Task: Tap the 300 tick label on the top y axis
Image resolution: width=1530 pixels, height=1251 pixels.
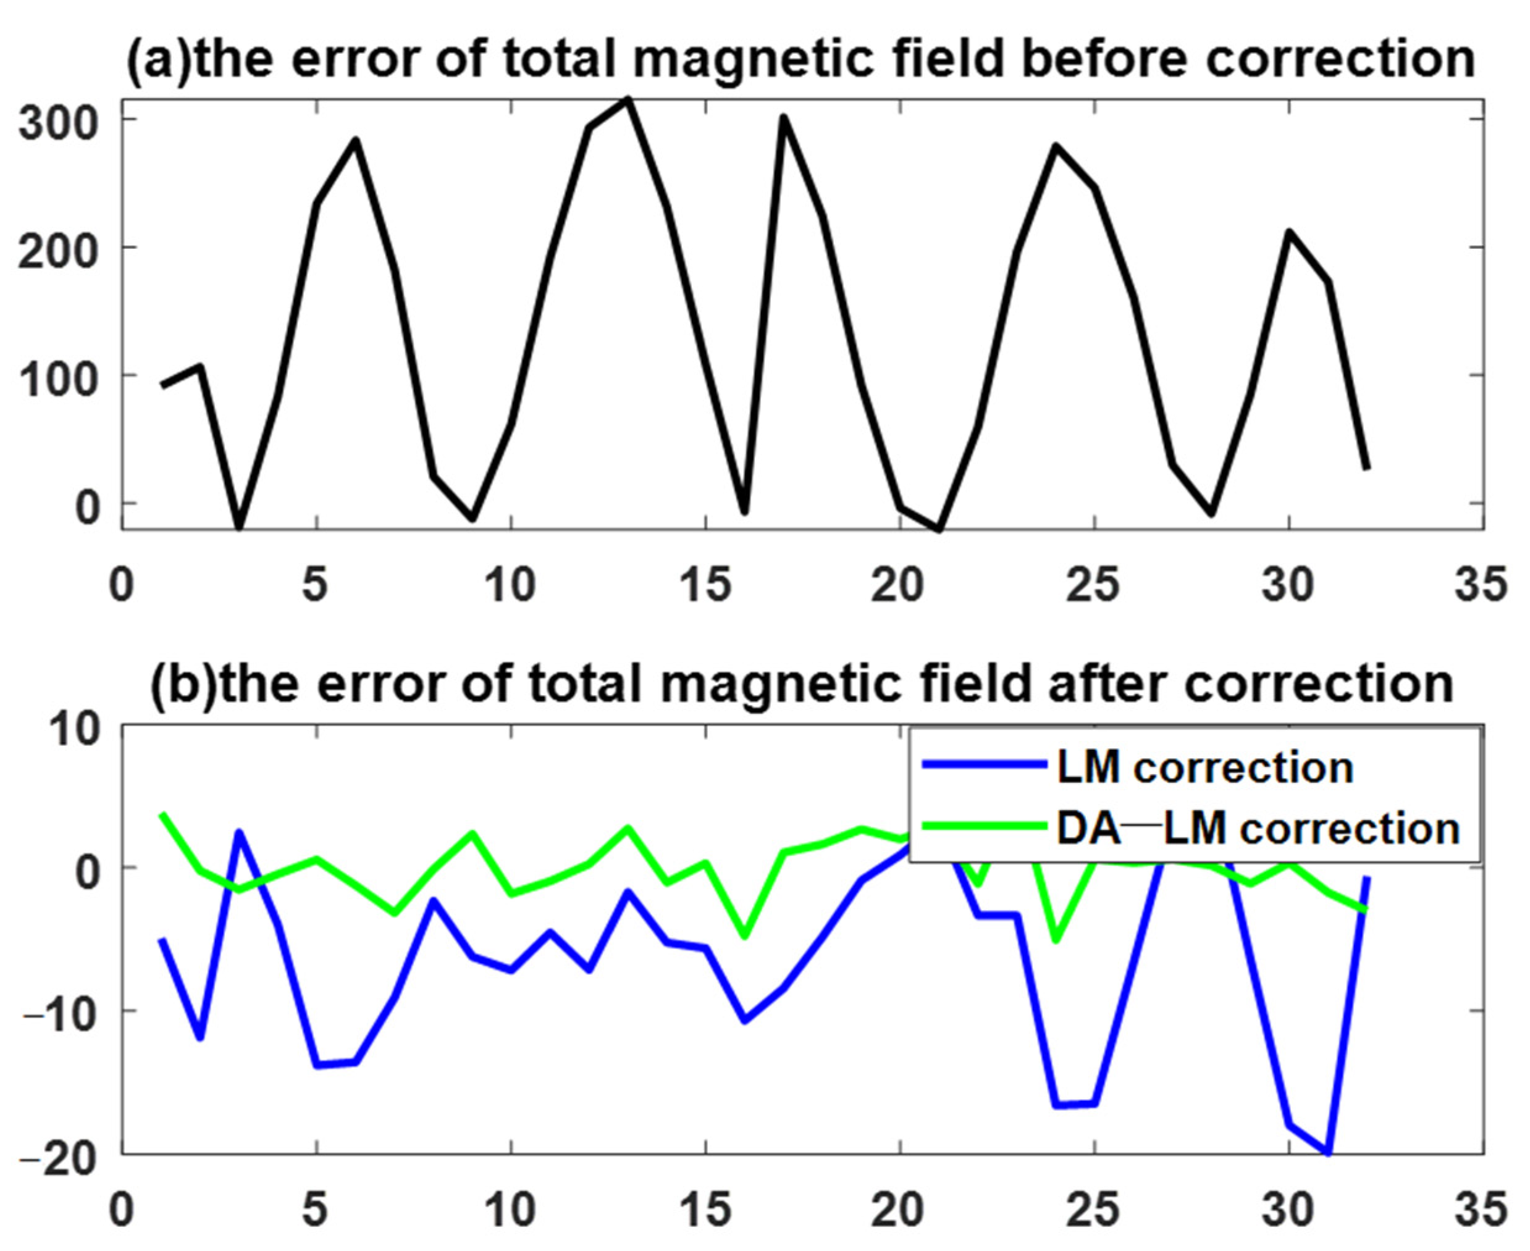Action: tap(57, 122)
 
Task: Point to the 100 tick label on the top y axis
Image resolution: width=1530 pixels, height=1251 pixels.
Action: tap(57, 379)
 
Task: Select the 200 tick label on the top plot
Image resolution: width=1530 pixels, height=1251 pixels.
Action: tap(57, 251)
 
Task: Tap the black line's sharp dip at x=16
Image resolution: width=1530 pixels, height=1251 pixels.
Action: tap(744, 512)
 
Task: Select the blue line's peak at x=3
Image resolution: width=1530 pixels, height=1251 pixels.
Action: tap(238, 833)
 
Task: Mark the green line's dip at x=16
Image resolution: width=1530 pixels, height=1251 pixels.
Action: tap(744, 936)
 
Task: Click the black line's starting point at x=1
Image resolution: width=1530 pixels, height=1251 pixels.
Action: tap(162, 385)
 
